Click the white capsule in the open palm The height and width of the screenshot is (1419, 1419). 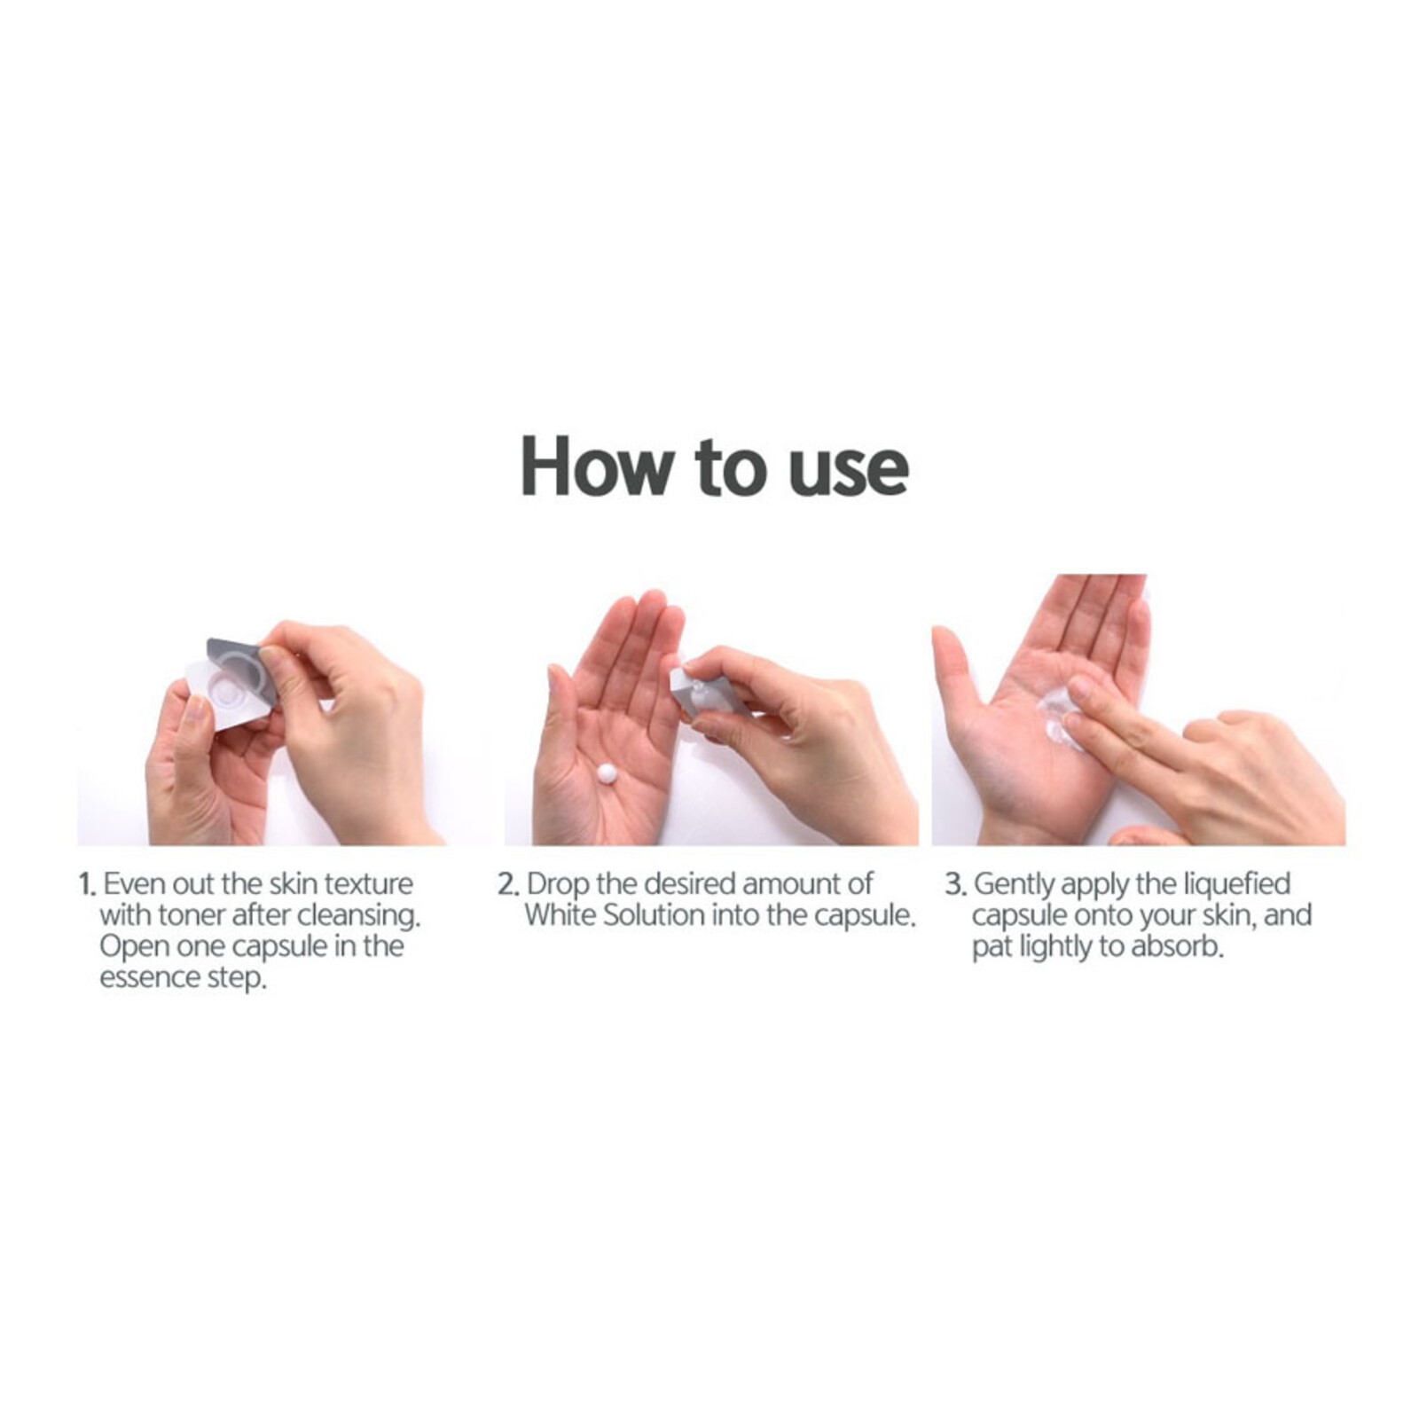608,773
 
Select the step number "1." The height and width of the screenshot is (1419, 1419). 87,884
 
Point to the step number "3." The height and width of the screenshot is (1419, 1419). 954,884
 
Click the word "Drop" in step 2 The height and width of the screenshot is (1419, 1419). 557,886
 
